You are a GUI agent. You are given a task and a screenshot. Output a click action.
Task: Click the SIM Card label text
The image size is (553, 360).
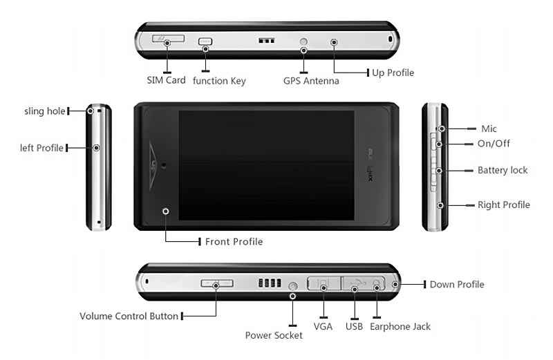[166, 80]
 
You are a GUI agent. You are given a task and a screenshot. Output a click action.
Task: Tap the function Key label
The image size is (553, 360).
[219, 81]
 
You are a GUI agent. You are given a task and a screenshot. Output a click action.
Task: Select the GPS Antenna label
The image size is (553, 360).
[311, 81]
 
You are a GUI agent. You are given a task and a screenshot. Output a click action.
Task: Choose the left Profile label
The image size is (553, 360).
[42, 147]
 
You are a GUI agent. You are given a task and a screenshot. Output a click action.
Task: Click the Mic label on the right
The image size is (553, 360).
[489, 129]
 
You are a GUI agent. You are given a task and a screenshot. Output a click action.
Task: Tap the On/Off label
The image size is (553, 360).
[494, 144]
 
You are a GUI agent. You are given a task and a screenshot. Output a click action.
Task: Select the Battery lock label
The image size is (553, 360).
[503, 170]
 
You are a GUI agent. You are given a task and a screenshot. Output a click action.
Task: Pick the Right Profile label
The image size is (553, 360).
[504, 205]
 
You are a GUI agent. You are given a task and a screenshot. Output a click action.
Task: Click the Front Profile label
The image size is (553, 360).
[234, 242]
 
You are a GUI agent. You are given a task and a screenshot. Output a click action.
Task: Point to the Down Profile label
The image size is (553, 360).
[457, 284]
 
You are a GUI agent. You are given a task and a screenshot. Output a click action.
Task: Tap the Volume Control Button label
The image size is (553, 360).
[129, 316]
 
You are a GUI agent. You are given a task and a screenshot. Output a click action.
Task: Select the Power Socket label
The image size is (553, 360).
[274, 335]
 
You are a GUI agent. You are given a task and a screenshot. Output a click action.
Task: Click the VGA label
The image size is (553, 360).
[324, 326]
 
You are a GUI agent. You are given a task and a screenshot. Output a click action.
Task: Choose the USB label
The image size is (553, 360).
[355, 326]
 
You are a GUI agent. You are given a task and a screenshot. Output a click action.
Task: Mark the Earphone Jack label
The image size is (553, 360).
[400, 326]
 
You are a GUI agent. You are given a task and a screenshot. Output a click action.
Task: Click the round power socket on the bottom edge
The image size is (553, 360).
[293, 285]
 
